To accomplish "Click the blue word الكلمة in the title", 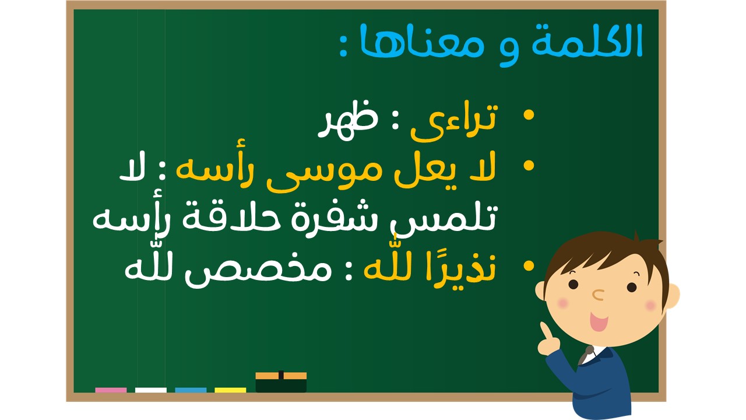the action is point(587,41).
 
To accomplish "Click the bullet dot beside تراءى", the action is point(529,115).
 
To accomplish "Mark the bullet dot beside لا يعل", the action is point(529,166).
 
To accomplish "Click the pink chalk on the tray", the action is point(111,390).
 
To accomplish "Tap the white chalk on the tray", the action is point(151,390).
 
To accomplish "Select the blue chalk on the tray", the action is point(191,390).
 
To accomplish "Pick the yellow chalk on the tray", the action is point(230,390).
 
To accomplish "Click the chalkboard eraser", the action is point(281,382).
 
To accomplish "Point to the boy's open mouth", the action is point(599,321).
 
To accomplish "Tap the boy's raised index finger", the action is point(546,332).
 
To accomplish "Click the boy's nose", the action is point(598,295).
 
